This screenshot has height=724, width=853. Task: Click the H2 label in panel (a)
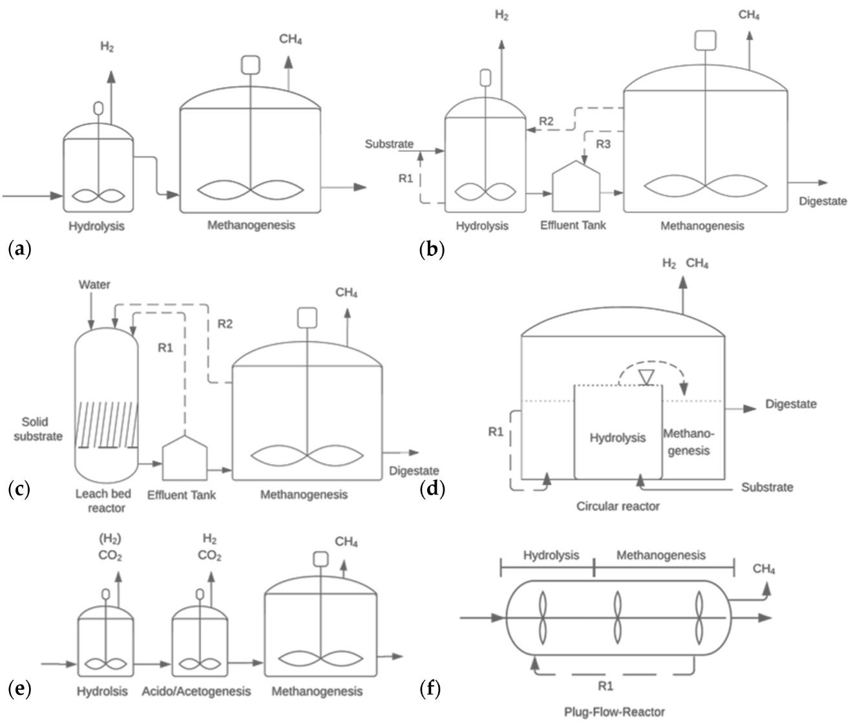pyautogui.click(x=107, y=47)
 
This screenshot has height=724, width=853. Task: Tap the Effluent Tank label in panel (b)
pyautogui.click(x=573, y=226)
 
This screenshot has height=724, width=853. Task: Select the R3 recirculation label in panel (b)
pyautogui.click(x=602, y=144)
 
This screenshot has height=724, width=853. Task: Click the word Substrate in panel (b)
pyautogui.click(x=389, y=144)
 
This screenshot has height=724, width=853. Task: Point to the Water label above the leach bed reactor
pyautogui.click(x=94, y=284)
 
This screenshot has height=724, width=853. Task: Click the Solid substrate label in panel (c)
pyautogui.click(x=42, y=429)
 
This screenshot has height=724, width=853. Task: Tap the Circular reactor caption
pyautogui.click(x=618, y=506)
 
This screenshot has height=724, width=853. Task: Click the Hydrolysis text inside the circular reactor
pyautogui.click(x=617, y=438)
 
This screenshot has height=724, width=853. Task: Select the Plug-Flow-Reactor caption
pyautogui.click(x=614, y=712)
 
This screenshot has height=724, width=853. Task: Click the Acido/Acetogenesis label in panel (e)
pyautogui.click(x=196, y=691)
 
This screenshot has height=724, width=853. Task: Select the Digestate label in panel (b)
pyautogui.click(x=822, y=201)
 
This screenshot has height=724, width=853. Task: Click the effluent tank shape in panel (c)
pyautogui.click(x=185, y=458)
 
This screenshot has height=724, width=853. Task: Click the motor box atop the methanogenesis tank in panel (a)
pyautogui.click(x=250, y=65)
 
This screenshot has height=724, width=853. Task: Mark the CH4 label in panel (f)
pyautogui.click(x=764, y=569)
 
